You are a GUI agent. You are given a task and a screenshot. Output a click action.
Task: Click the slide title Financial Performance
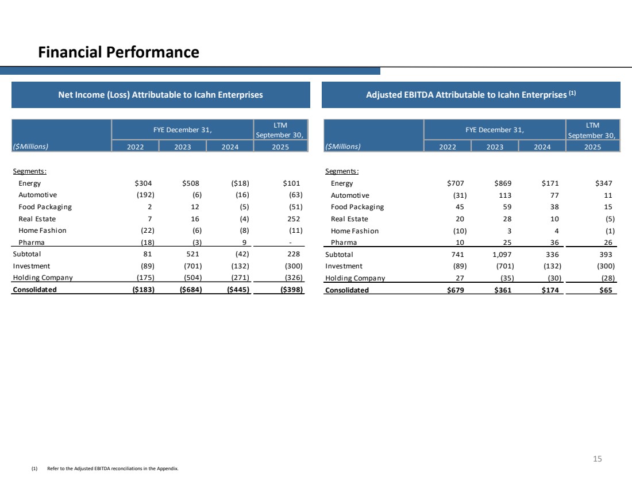tap(118, 53)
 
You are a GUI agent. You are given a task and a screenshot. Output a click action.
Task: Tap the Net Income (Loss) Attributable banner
tap(160, 95)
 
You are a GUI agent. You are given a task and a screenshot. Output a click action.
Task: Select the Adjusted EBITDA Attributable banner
tap(471, 95)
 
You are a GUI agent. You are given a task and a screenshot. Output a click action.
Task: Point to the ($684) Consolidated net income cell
tap(190, 290)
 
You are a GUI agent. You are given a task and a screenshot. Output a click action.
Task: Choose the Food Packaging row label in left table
tap(45, 207)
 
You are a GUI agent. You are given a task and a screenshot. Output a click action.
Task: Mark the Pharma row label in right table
tap(344, 242)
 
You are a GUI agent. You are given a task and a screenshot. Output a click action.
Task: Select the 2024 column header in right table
tap(541, 147)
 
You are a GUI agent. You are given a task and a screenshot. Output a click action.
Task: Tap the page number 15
tap(598, 459)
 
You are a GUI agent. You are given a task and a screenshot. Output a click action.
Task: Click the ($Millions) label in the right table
tap(343, 146)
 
